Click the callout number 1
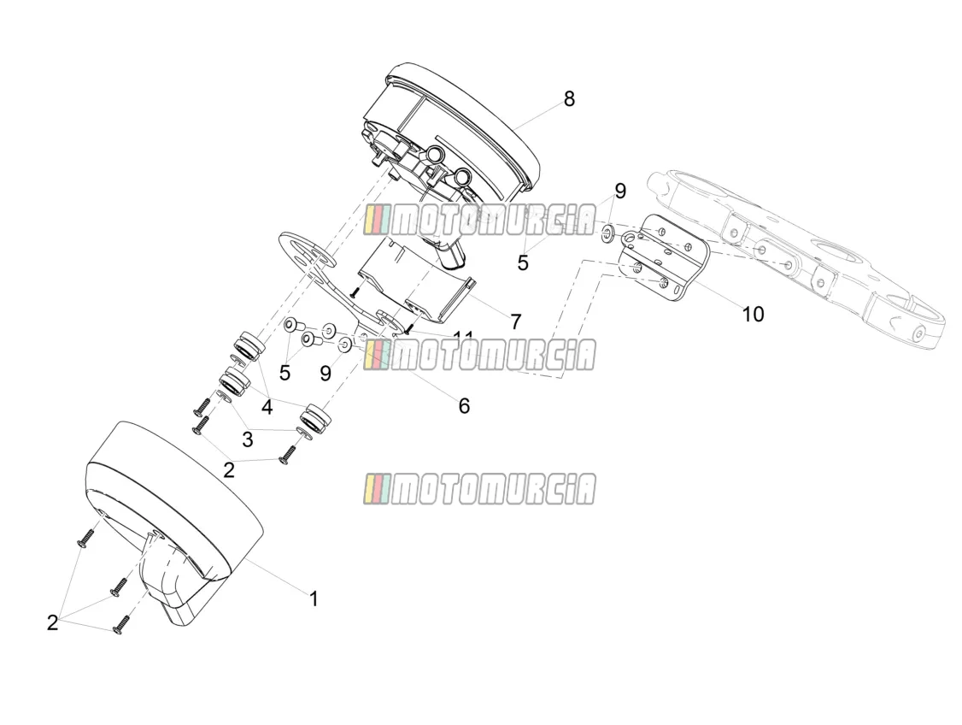[314, 598]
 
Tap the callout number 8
[569, 98]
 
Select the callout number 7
[515, 321]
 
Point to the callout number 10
[753, 315]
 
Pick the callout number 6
[464, 405]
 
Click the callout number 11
[463, 335]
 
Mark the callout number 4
[267, 406]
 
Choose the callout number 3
[247, 439]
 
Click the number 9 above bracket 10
[620, 191]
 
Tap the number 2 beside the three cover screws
[53, 622]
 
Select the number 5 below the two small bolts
[284, 372]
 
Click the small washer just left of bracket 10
[608, 232]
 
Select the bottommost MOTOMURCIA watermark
[479, 489]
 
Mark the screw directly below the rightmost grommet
[286, 454]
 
